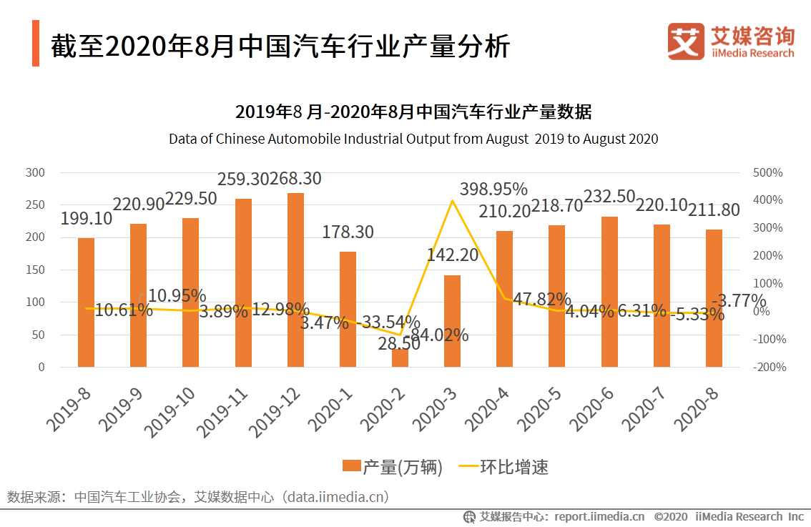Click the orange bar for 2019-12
pyautogui.click(x=295, y=280)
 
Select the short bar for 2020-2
pyautogui.click(x=400, y=358)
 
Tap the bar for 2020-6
pyautogui.click(x=609, y=292)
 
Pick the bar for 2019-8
pyautogui.click(x=86, y=302)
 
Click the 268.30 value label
pyautogui.click(x=295, y=179)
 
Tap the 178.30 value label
pyautogui.click(x=348, y=232)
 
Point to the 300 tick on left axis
pyautogui.click(x=35, y=173)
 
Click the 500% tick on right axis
pyautogui.click(x=767, y=173)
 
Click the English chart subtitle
pyautogui.click(x=413, y=139)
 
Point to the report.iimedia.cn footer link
pyautogui.click(x=599, y=516)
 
